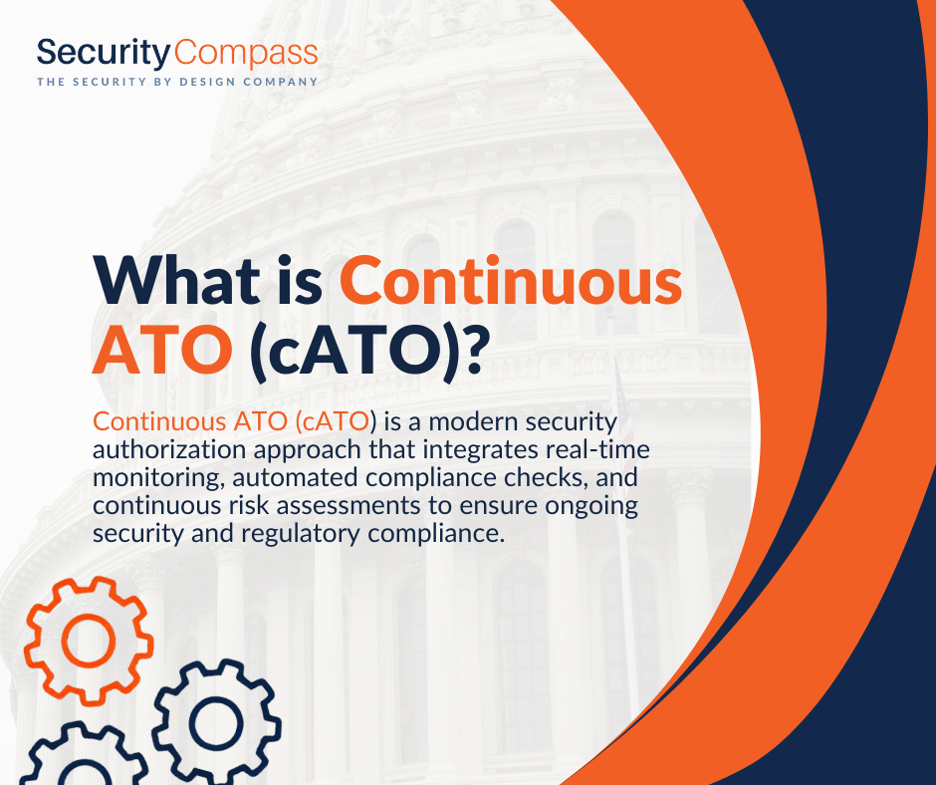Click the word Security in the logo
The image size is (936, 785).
(x=105, y=53)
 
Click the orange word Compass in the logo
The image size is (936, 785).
(x=246, y=54)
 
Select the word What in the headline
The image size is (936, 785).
(x=176, y=280)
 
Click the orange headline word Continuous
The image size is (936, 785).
(x=511, y=280)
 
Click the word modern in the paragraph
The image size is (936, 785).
(x=473, y=421)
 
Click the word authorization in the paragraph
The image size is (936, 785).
(x=169, y=449)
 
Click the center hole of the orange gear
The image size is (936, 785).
(x=89, y=640)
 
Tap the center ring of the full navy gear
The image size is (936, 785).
(x=217, y=723)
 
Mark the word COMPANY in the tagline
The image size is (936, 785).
(x=280, y=82)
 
